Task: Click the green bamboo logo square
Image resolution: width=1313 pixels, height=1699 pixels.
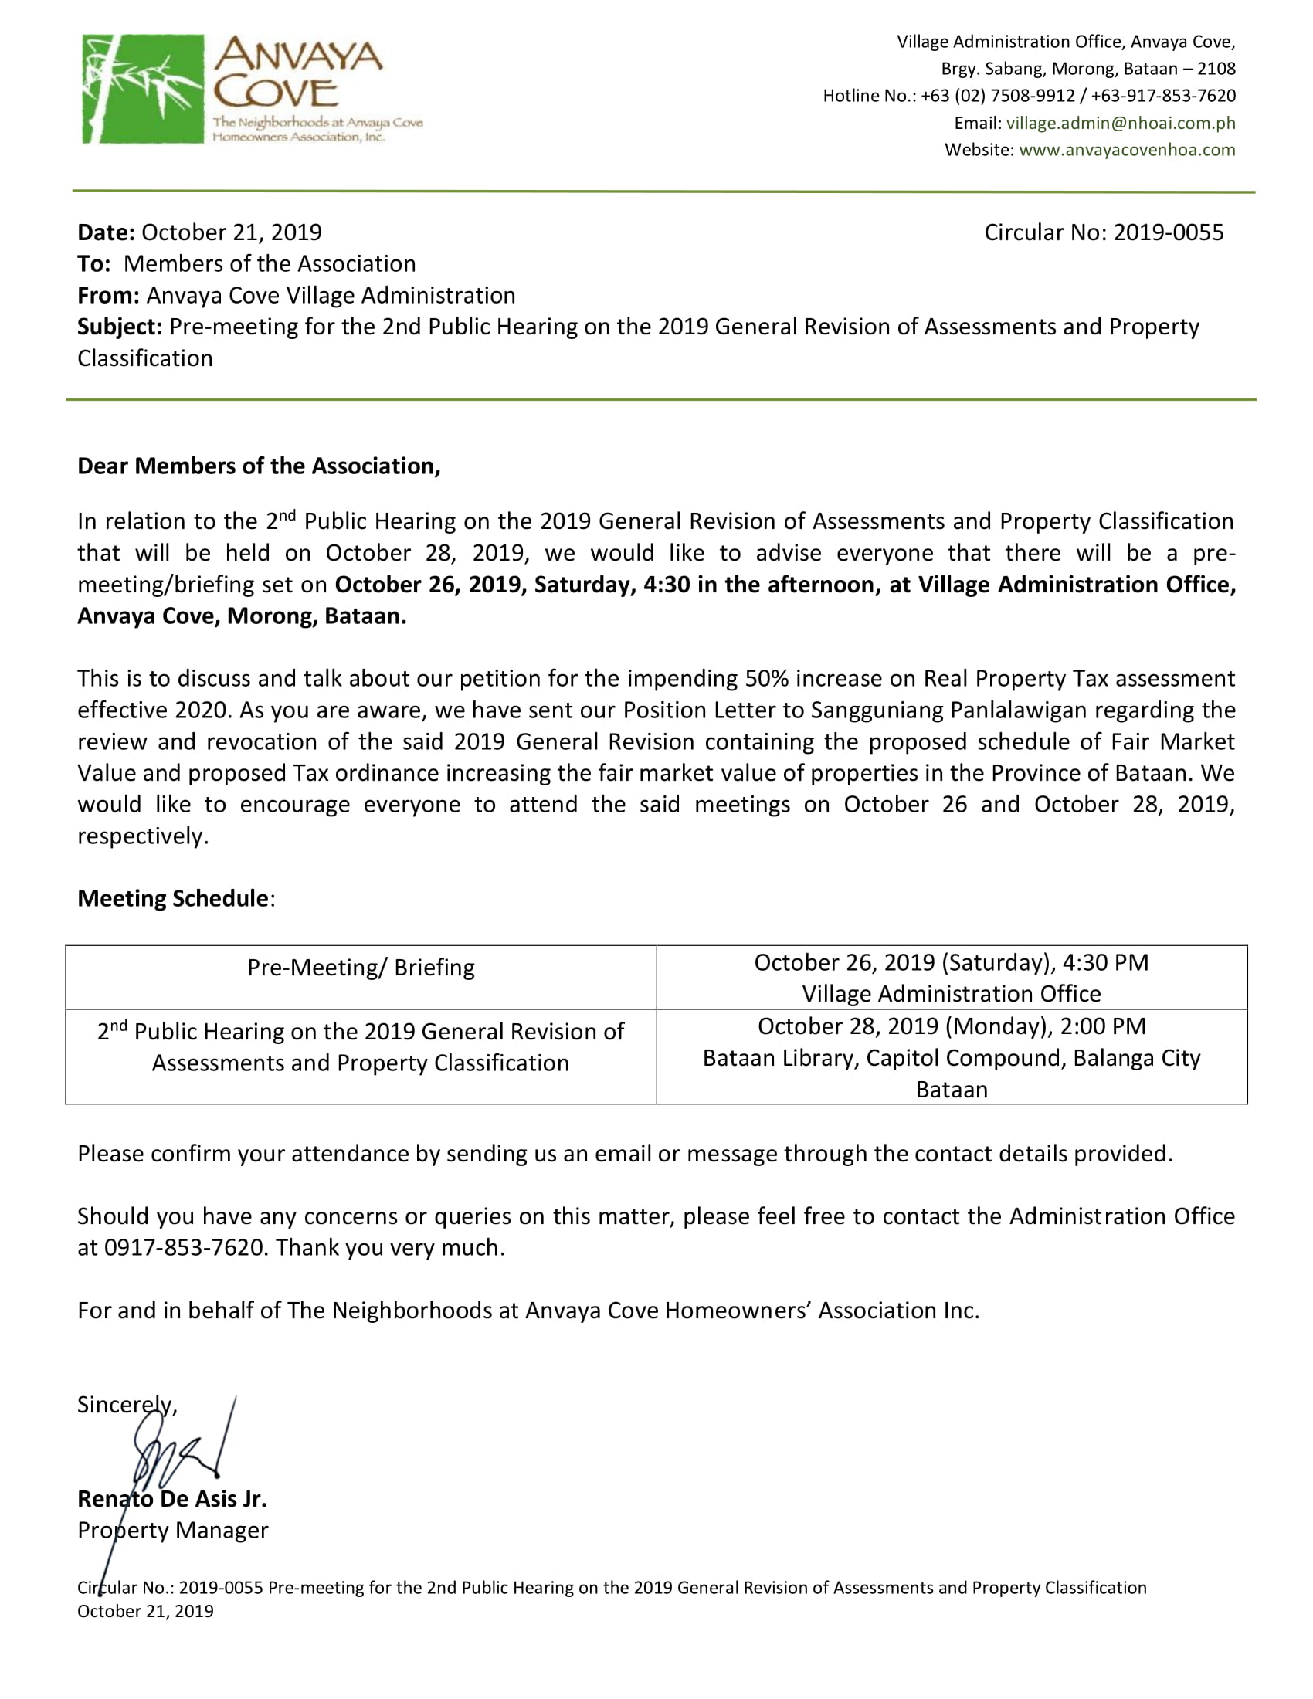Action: [x=143, y=89]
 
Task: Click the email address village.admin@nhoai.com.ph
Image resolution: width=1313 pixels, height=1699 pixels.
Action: [x=1120, y=123]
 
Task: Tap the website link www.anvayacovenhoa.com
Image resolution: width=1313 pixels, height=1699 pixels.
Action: [x=1126, y=149]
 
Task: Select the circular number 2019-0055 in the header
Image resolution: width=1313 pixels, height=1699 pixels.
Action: [x=1168, y=232]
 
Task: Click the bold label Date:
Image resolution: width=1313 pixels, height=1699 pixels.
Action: [x=107, y=232]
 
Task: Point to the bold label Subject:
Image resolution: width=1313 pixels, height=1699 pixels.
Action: [x=120, y=327]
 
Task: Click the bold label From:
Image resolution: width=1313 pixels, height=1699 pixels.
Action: [x=108, y=296]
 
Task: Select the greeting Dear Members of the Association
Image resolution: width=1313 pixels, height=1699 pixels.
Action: [x=259, y=466]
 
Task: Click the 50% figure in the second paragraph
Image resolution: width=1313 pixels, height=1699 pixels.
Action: [x=766, y=678]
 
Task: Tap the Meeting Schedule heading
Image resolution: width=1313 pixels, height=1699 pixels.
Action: [x=173, y=898]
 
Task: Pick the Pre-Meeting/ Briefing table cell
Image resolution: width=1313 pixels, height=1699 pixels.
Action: [x=361, y=968]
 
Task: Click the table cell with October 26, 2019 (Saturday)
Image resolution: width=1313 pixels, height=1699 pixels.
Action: [x=952, y=977]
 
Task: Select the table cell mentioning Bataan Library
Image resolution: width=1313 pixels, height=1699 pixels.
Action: [x=952, y=1057]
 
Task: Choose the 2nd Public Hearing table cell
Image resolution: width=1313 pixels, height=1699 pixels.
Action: [x=361, y=1047]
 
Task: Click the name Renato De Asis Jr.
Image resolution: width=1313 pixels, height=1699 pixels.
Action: [x=172, y=1499]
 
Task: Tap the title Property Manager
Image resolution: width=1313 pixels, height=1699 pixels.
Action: [x=173, y=1530]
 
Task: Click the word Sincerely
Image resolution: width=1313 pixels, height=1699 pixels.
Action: [x=126, y=1404]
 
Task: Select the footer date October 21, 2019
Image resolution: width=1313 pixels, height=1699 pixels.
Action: [x=145, y=1611]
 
